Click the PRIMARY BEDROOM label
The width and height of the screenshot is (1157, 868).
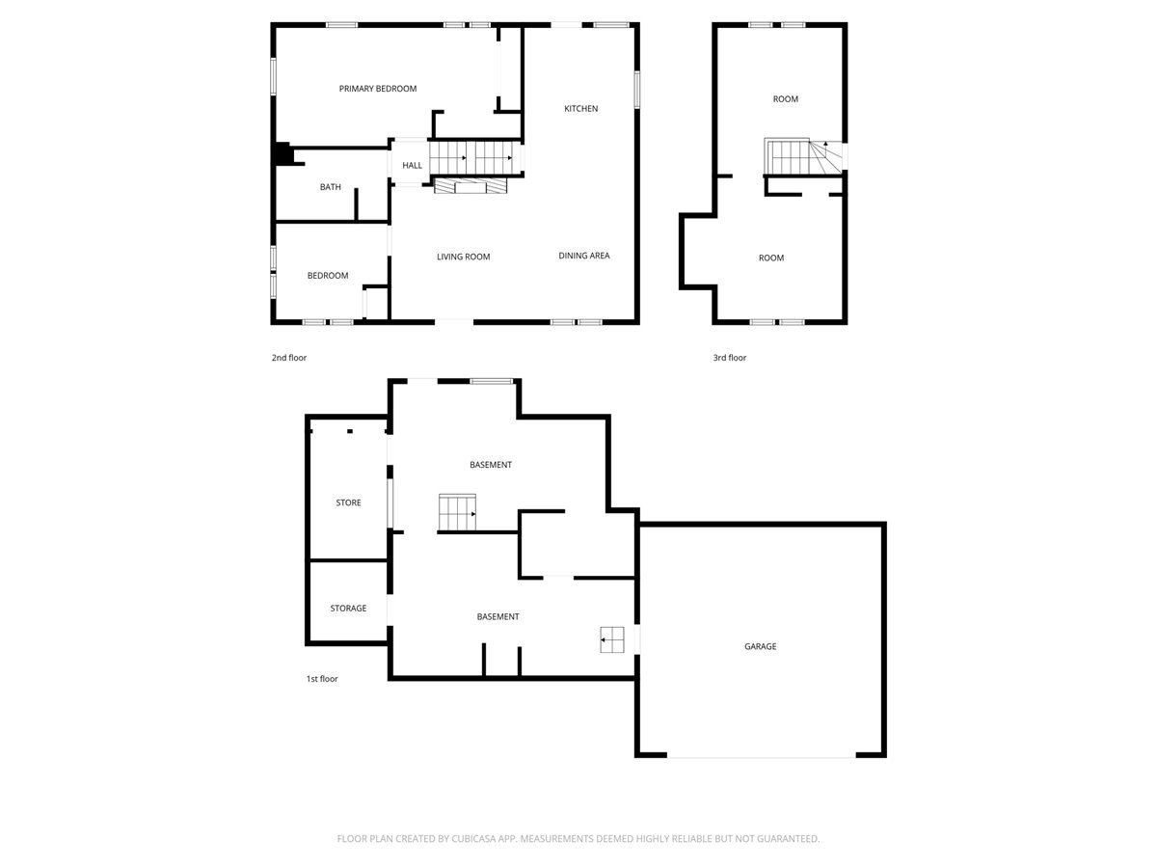(377, 89)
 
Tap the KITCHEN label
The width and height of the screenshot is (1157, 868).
(580, 109)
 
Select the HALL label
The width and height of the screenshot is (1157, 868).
(412, 166)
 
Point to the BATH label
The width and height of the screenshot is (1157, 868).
(331, 187)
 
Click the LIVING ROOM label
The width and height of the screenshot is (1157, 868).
(464, 257)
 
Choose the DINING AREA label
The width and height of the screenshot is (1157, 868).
(584, 256)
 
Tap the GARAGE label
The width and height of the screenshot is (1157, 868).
(760, 646)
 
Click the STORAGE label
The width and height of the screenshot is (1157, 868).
(348, 609)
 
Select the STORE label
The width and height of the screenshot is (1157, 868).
(348, 502)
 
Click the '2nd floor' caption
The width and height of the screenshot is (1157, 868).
(289, 358)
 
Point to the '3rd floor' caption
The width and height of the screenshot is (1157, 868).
(730, 358)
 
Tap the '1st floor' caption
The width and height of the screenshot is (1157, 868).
(322, 679)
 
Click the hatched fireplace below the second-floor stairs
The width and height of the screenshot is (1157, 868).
(471, 186)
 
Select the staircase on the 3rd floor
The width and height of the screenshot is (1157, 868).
(803, 156)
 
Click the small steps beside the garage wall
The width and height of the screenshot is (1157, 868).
(612, 639)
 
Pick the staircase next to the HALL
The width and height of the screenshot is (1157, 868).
(475, 158)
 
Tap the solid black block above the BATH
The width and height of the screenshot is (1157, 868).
(283, 154)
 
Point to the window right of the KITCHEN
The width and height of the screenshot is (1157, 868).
(636, 90)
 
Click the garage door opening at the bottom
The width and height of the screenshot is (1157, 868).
(761, 756)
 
